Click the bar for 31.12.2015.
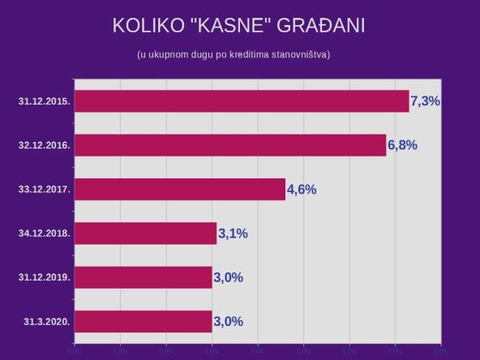(x=242, y=101)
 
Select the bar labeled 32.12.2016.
(x=230, y=145)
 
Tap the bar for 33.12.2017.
(x=180, y=190)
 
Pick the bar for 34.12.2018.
(x=146, y=234)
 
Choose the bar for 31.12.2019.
(x=144, y=277)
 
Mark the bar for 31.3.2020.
(x=144, y=321)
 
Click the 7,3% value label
(x=426, y=101)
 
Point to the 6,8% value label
(x=402, y=145)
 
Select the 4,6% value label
(x=302, y=190)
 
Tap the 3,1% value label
(x=233, y=234)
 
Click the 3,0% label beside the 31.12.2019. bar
(x=228, y=277)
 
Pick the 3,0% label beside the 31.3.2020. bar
(x=228, y=321)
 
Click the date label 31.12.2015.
(x=45, y=101)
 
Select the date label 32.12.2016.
(x=45, y=145)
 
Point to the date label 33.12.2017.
(x=45, y=190)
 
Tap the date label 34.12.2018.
(x=45, y=234)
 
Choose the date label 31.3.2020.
(x=47, y=321)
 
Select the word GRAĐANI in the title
(x=321, y=26)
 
